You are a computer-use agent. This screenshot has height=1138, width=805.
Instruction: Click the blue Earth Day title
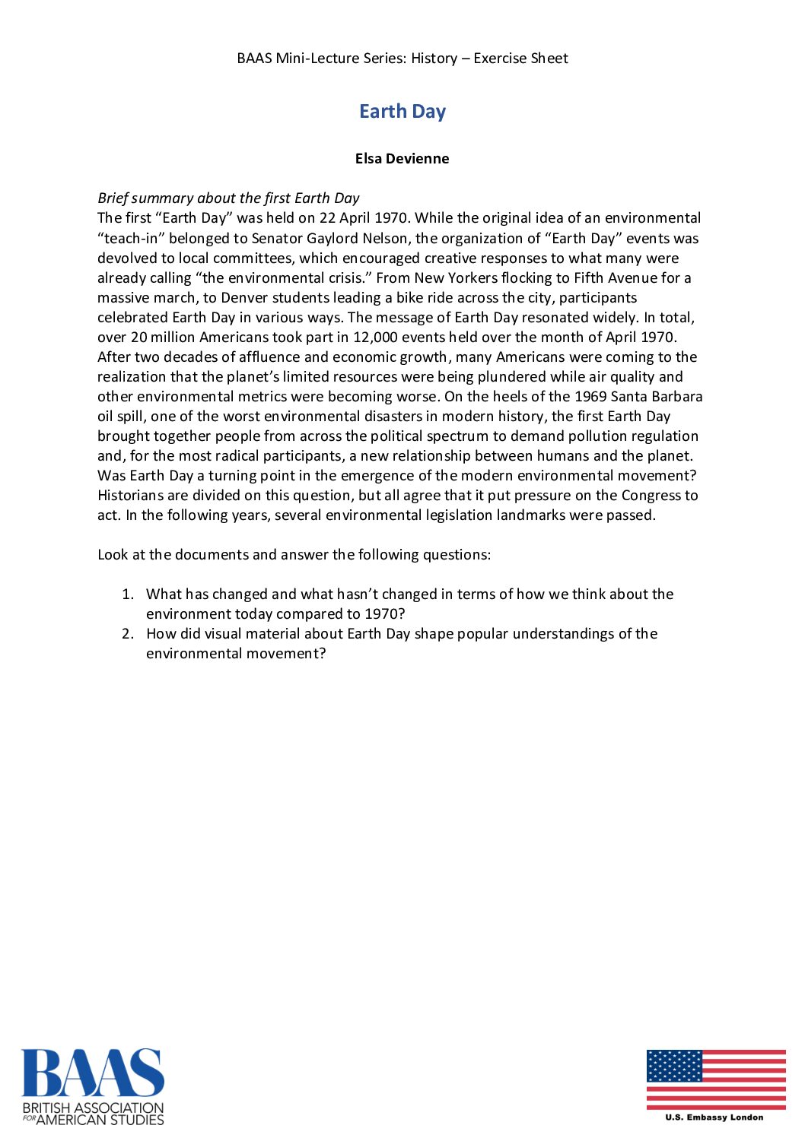coord(402,111)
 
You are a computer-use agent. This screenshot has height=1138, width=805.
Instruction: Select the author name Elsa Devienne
coord(402,158)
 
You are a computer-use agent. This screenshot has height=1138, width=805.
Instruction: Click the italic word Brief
coord(114,198)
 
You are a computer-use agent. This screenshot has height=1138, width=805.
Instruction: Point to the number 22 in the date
coord(327,218)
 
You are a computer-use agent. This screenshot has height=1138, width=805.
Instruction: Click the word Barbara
coord(677,396)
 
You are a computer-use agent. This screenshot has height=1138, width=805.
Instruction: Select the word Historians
coord(130,495)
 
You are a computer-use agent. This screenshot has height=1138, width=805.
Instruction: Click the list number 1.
coord(127,594)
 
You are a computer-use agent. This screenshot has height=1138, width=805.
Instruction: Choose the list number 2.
coord(127,633)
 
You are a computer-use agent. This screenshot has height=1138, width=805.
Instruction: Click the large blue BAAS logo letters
coord(92,1073)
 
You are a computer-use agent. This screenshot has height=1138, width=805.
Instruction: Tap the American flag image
coord(716,1080)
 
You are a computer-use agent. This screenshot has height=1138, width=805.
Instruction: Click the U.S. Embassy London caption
coord(714,1117)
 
